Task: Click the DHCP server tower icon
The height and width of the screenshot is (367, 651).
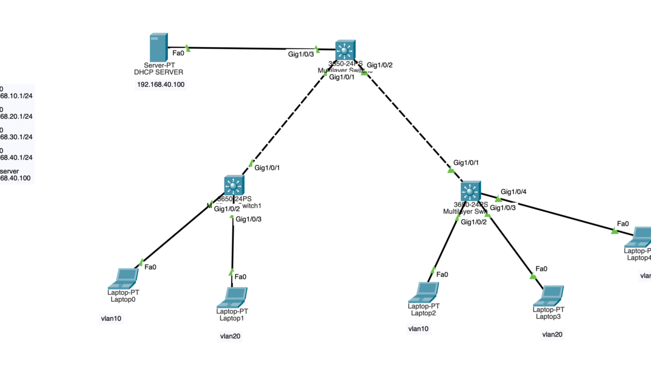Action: (x=158, y=48)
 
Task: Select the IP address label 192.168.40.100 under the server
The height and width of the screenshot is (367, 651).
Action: (x=161, y=84)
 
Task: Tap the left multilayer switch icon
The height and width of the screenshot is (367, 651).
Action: (x=233, y=185)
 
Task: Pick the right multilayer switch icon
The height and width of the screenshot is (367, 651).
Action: (x=470, y=191)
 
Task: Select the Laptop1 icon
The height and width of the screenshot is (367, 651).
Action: (x=232, y=297)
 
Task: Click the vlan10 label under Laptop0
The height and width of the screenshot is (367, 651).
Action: (x=111, y=319)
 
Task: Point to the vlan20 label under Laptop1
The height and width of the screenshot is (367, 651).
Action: (x=231, y=337)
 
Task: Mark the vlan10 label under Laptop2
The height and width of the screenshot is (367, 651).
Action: (x=419, y=329)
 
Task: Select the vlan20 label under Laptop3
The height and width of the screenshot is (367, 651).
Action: (x=552, y=334)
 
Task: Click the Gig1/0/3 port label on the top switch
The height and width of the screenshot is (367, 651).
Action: (x=301, y=55)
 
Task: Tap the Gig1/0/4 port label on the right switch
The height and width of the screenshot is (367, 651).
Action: (x=514, y=192)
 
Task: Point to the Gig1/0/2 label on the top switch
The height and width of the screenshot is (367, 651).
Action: (x=379, y=65)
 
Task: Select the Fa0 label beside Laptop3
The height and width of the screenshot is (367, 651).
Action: (x=541, y=269)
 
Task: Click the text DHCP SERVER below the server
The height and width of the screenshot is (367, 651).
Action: (x=159, y=73)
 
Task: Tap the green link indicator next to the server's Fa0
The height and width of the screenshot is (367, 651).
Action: (x=188, y=48)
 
